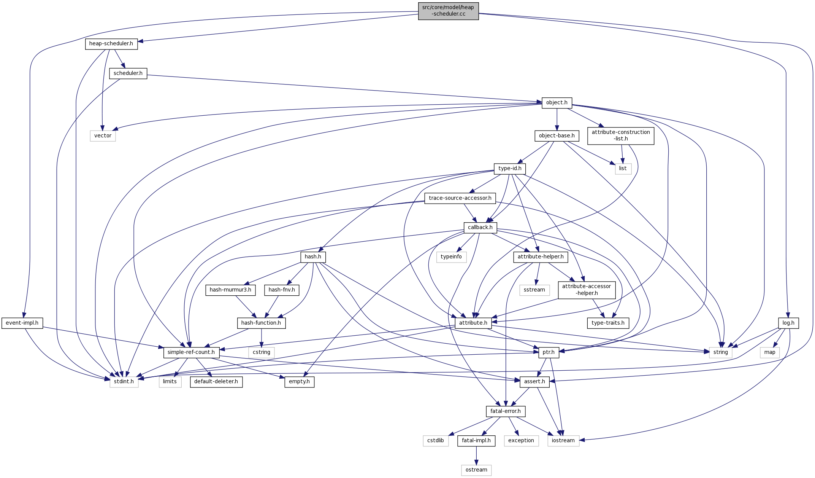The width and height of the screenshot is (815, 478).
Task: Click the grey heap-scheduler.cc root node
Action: click(448, 11)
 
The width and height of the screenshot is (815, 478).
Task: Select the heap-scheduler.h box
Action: click(111, 44)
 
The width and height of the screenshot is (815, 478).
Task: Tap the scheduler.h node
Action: click(128, 73)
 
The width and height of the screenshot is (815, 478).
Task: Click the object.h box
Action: click(557, 103)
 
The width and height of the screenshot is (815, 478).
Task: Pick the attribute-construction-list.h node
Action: click(620, 135)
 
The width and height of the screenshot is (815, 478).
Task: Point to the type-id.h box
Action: click(510, 169)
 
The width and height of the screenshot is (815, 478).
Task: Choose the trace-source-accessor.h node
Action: click(460, 198)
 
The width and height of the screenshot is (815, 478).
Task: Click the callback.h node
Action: click(480, 228)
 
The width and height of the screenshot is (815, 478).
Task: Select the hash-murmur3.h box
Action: click(230, 290)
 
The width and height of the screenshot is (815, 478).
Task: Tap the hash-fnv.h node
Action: click(282, 290)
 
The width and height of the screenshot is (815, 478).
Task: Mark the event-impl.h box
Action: click(22, 323)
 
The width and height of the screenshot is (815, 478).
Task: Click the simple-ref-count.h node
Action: click(191, 352)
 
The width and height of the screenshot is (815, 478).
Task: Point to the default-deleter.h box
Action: click(216, 382)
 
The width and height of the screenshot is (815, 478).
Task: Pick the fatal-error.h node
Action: click(506, 411)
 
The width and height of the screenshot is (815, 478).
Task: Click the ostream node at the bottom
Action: click(476, 470)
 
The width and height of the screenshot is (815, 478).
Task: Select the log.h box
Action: click(788, 323)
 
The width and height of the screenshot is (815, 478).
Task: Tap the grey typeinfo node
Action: click(451, 257)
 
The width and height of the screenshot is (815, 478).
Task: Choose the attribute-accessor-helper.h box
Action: click(587, 290)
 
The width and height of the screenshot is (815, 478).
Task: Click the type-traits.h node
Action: click(608, 323)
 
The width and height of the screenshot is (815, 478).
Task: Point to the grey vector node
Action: click(103, 136)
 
